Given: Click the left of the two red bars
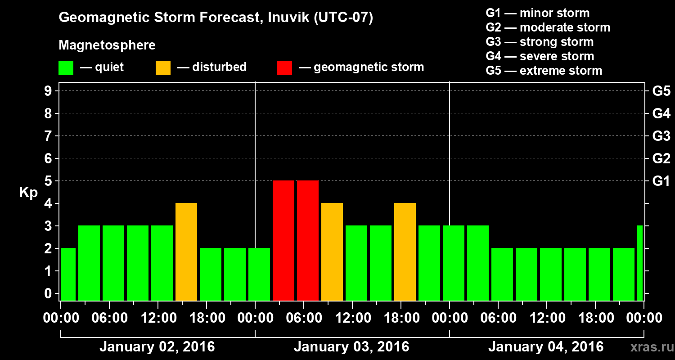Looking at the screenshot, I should point(283,240).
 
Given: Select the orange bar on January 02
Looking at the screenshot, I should point(186,252).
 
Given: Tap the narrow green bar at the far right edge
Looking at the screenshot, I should point(640,263).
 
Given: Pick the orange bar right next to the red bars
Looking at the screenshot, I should point(332,252).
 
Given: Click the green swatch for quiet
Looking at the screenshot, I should point(66,67).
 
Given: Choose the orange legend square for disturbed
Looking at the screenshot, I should point(163,67).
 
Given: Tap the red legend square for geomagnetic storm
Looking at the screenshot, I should point(284,67).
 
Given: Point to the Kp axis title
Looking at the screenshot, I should point(28,193).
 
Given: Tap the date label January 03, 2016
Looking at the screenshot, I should point(351,347).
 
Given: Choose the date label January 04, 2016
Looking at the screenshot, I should point(546,347).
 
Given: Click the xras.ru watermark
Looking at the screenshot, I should point(648,347).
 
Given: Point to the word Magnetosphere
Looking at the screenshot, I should point(107,45).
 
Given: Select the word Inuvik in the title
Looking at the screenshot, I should point(288,18).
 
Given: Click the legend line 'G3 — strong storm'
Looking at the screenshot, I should point(540,42).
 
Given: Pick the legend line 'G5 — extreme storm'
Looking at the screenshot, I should point(544,71).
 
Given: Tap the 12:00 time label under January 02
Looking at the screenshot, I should point(159,318).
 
